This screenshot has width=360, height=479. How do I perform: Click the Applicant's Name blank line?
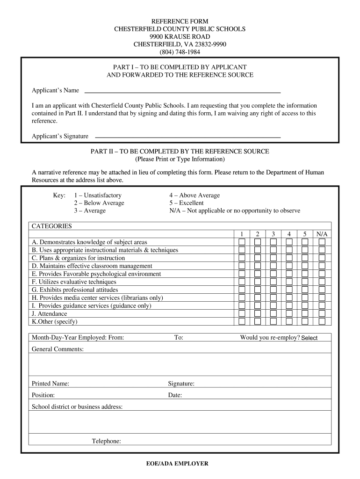[x=182, y=91]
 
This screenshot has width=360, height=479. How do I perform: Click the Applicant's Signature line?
[x=187, y=136]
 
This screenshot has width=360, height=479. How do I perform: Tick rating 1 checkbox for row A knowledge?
[x=242, y=242]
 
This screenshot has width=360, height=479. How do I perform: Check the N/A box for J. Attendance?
[x=322, y=313]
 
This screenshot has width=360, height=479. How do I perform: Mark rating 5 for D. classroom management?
[x=305, y=266]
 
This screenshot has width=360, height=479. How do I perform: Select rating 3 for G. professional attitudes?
[x=273, y=290]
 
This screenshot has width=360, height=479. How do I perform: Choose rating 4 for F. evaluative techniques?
[x=289, y=282]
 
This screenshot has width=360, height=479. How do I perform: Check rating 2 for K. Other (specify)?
[x=258, y=321]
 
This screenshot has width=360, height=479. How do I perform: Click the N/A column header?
[x=322, y=234]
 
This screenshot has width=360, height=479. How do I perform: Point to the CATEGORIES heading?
[x=52, y=226]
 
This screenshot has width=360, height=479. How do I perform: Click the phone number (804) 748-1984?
[x=180, y=52]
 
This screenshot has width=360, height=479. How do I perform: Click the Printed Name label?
[x=50, y=384]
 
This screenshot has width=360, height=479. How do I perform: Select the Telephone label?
[x=107, y=441]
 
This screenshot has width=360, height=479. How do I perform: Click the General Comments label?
[x=58, y=349]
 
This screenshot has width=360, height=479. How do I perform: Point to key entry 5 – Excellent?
[x=187, y=203]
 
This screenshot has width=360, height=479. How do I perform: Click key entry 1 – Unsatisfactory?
[x=98, y=195]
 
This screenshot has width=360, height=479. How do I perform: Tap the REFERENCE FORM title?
[x=180, y=22]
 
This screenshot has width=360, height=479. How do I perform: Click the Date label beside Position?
[x=175, y=395]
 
